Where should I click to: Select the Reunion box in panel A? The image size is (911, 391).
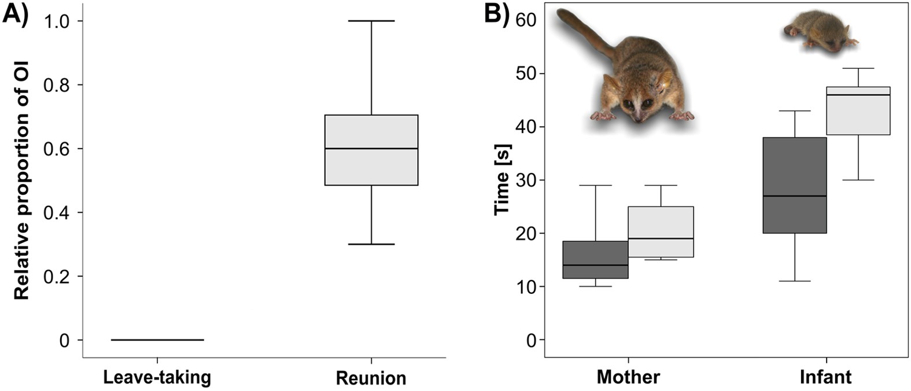click(x=371, y=150)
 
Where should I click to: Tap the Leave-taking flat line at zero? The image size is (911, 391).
click(x=157, y=340)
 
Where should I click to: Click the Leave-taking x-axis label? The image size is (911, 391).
click(x=157, y=378)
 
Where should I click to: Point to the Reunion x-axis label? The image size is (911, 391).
click(x=371, y=378)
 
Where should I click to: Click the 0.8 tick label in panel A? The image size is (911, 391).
click(x=57, y=85)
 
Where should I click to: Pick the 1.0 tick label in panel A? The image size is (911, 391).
click(x=57, y=21)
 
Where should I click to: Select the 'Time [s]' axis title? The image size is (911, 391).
click(x=502, y=179)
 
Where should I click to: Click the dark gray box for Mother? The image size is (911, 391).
click(x=595, y=260)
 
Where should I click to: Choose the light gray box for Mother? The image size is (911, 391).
click(x=661, y=231)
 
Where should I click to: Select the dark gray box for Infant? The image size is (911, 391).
click(x=794, y=185)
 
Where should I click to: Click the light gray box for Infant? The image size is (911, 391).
click(x=858, y=110)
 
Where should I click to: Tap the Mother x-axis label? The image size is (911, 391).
click(x=628, y=378)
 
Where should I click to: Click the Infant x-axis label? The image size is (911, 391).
click(x=825, y=378)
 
